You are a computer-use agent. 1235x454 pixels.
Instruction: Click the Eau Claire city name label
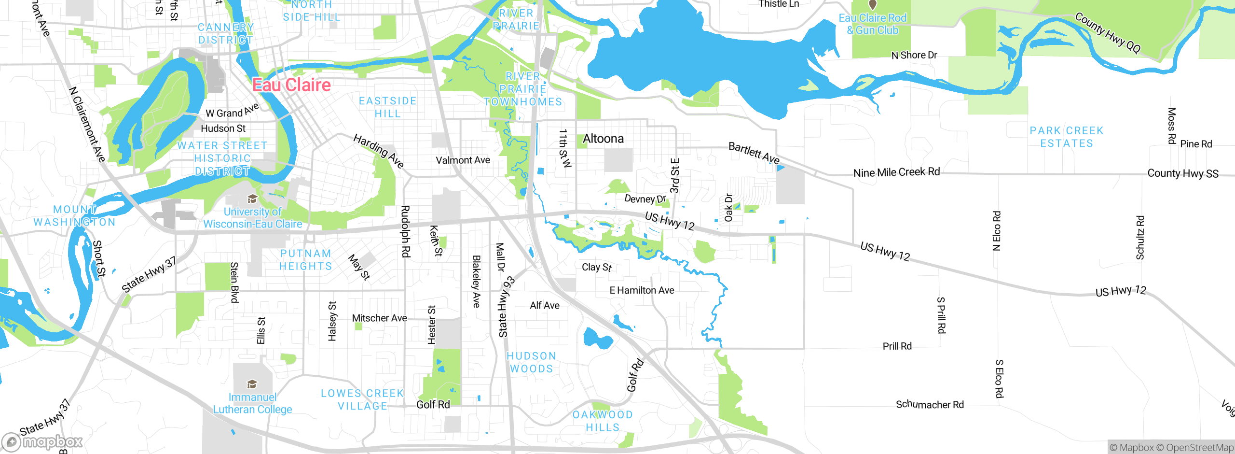pyautogui.click(x=291, y=85)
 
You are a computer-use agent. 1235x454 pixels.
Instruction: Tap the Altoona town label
pyautogui.click(x=603, y=139)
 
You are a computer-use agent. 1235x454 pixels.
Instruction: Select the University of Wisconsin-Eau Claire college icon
pyautogui.click(x=252, y=199)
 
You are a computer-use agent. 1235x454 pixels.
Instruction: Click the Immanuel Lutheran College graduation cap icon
pyautogui.click(x=252, y=384)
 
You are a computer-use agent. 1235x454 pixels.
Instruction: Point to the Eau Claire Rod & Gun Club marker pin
pyautogui.click(x=872, y=5)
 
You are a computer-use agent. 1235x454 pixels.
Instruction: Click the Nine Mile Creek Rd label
pyautogui.click(x=896, y=172)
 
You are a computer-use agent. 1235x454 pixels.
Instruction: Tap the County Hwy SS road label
pyautogui.click(x=1182, y=173)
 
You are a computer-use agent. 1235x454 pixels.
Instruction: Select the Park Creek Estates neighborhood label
pyautogui.click(x=1066, y=137)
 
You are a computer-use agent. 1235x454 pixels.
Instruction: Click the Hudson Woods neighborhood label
pyautogui.click(x=531, y=362)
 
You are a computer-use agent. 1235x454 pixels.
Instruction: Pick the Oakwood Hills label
pyautogui.click(x=602, y=421)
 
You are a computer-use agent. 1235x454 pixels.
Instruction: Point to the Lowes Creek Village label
pyautogui.click(x=362, y=400)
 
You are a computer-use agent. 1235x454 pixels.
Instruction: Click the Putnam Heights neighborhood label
pyautogui.click(x=305, y=260)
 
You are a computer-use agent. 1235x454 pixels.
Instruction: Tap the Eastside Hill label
pyautogui.click(x=387, y=107)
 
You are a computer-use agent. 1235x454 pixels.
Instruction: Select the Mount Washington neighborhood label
pyautogui.click(x=75, y=216)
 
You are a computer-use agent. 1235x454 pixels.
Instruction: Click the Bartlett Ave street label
pyautogui.click(x=754, y=153)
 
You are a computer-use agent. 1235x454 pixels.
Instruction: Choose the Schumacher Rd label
pyautogui.click(x=930, y=405)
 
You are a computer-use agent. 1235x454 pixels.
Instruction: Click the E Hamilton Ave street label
pyautogui.click(x=642, y=290)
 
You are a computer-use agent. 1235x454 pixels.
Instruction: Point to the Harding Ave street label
pyautogui.click(x=379, y=151)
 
